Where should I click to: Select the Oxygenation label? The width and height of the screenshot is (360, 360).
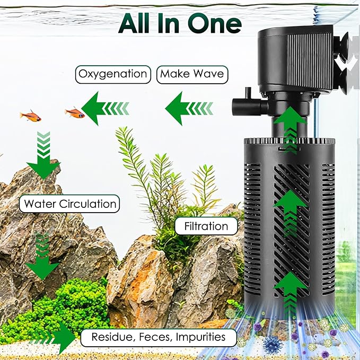pos(112,74)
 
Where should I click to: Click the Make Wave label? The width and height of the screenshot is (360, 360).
pos(192,74)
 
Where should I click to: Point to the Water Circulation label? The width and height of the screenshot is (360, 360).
pos(69,204)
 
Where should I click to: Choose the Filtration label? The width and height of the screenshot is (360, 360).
pos(206,226)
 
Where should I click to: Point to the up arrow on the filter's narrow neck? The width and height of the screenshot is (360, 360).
pos(290,127)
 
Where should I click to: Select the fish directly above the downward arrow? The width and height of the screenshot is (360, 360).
pos(30,115)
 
